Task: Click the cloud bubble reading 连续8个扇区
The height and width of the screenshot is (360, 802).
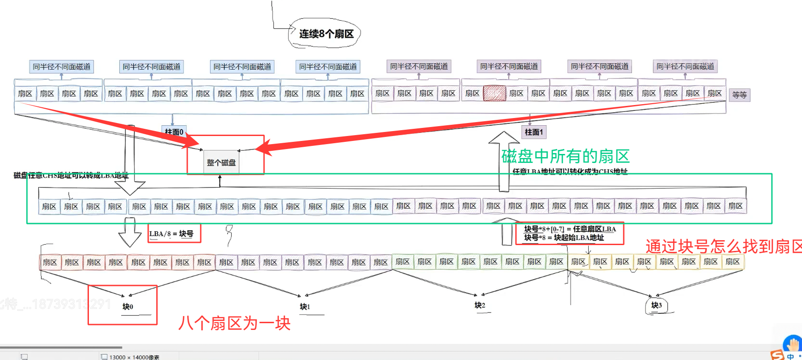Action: [326, 34]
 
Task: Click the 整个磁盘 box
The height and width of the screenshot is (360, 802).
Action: [221, 162]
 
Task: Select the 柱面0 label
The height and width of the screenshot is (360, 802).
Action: [174, 132]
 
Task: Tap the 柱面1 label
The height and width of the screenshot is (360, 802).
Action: [534, 132]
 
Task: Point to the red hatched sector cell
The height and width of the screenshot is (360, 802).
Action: [494, 93]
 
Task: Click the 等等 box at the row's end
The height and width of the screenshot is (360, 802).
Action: [739, 95]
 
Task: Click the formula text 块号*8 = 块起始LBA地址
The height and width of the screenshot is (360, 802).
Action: [564, 238]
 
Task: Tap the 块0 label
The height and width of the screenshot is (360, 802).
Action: [128, 307]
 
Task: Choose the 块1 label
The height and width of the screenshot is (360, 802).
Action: [305, 307]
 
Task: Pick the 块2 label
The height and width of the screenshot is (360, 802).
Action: [480, 305]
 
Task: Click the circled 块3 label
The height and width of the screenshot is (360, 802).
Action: [656, 305]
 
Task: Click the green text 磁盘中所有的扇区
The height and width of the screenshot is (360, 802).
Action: [565, 156]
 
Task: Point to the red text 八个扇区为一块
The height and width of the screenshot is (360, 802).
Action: [234, 323]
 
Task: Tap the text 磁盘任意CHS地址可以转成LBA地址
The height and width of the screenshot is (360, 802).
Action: [71, 175]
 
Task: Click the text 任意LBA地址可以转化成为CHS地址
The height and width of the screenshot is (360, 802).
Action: [570, 171]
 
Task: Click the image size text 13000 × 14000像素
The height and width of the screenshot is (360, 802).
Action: [134, 357]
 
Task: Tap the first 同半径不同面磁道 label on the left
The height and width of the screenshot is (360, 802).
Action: [62, 67]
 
